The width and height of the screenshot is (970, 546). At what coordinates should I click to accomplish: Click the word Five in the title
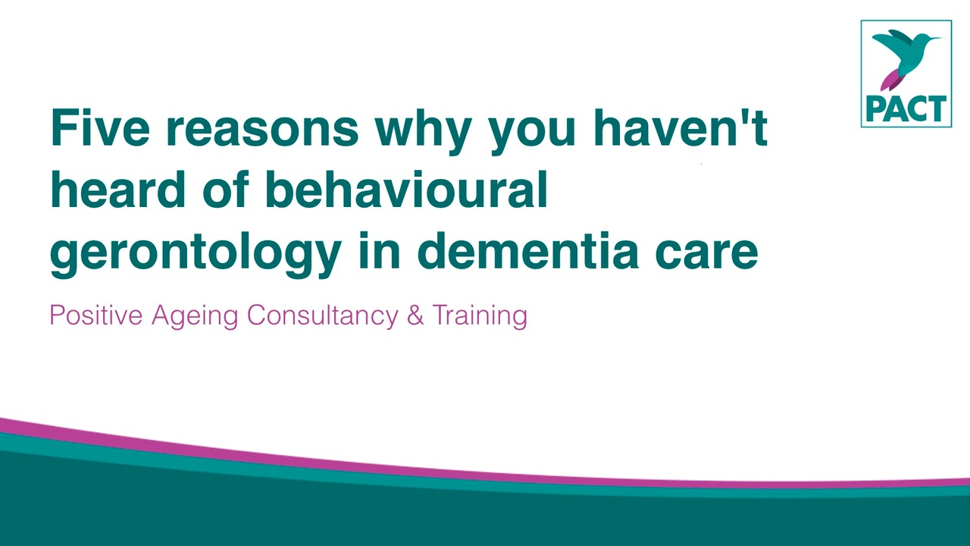[x=101, y=128]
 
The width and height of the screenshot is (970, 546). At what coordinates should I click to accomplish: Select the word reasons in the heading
[x=262, y=132]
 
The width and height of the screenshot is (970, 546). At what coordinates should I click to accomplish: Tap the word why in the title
[x=424, y=132]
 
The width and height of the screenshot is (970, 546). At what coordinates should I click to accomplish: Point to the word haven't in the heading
[x=680, y=128]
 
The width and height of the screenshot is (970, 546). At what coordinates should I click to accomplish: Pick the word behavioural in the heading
[x=407, y=190]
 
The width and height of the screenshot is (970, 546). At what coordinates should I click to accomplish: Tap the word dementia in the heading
[x=528, y=251]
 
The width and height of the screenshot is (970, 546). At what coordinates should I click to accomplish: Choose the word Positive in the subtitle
[x=96, y=315]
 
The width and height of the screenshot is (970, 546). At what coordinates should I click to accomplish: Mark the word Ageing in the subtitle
[x=195, y=316]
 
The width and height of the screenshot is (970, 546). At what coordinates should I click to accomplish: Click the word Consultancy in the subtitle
[x=323, y=316]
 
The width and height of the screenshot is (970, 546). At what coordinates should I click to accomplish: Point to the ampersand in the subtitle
[x=415, y=315]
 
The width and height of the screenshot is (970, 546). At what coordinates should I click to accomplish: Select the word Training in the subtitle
[x=480, y=316]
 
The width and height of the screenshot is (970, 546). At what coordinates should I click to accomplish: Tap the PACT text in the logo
[x=906, y=108]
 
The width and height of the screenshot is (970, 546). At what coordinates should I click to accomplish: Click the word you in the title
[x=532, y=132]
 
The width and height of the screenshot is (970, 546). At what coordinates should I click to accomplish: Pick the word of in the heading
[x=225, y=190]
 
